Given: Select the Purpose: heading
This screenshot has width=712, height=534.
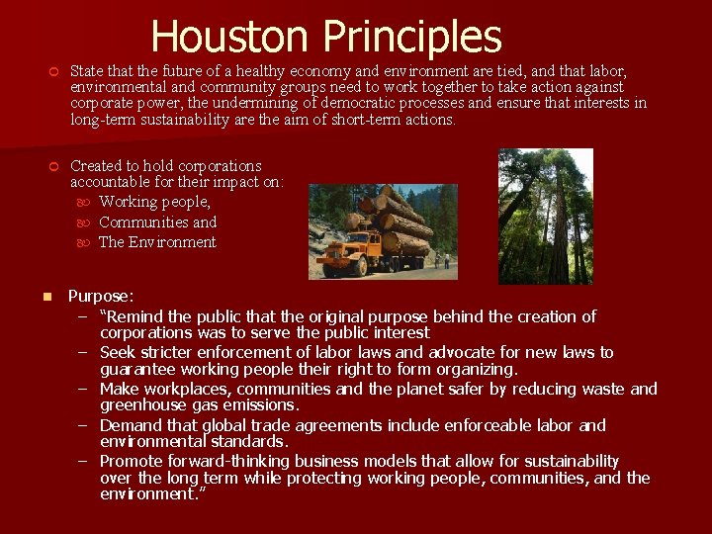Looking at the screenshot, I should point(101,296).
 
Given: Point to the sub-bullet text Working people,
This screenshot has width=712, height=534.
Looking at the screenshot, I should point(154,203).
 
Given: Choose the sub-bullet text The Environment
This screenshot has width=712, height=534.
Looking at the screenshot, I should point(157,242).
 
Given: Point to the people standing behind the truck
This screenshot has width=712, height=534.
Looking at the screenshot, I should point(443,260).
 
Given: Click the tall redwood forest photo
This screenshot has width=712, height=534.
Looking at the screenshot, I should point(545,216).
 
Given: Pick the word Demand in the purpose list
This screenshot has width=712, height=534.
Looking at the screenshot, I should point(131,425).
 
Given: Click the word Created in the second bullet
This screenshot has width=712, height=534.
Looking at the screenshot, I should point(97,166).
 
